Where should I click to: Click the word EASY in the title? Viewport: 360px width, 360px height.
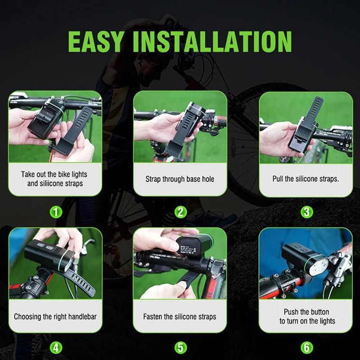click(x=96, y=41)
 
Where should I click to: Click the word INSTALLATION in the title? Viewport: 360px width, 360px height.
click(x=212, y=41)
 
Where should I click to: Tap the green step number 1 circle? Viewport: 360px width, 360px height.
click(x=56, y=212)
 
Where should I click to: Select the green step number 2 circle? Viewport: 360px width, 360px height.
click(x=180, y=212)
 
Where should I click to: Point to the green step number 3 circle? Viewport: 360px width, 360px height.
click(x=307, y=212)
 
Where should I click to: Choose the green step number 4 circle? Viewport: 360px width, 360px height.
click(x=56, y=347)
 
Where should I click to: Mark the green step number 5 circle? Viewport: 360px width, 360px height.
click(x=180, y=347)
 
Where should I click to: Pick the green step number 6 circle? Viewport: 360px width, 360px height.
click(x=307, y=347)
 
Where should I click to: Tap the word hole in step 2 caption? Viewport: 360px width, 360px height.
click(x=208, y=179)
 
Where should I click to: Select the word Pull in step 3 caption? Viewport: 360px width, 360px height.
click(x=278, y=179)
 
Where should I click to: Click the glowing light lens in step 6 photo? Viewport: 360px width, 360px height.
click(x=319, y=267)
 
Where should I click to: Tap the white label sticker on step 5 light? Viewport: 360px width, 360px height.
click(x=188, y=250)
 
